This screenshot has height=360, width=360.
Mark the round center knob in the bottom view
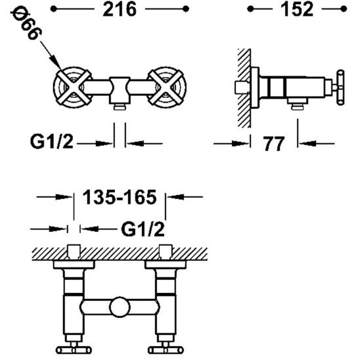click(x=119, y=307)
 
